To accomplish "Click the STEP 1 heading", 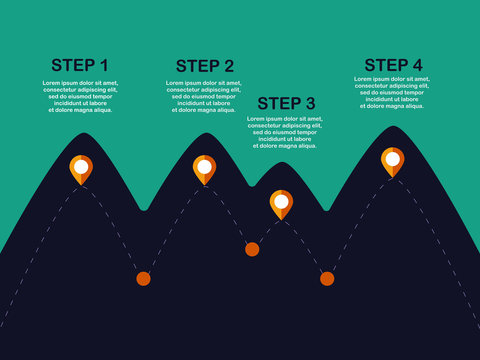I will [x=80, y=66].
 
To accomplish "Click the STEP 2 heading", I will [x=205, y=66].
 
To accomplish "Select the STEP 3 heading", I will [x=286, y=103].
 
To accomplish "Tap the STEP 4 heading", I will [x=393, y=65].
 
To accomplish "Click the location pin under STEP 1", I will [x=81, y=169].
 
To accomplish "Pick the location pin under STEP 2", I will [x=205, y=169].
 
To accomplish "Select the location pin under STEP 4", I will [x=393, y=161].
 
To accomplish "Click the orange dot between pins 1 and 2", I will [x=143, y=278].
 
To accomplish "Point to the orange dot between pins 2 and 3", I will [x=252, y=249].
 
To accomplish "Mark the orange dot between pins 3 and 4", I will [x=327, y=278].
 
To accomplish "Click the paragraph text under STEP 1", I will [x=80, y=96].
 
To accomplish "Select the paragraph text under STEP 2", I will [x=205, y=96].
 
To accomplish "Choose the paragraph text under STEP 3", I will [x=286, y=132].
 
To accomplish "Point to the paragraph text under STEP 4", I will [x=393, y=92].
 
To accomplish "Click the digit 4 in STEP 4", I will [x=416, y=65].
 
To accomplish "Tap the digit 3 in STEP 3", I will [x=309, y=103].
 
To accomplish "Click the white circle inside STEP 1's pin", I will [x=81, y=165].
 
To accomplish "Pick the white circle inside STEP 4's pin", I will [x=393, y=158].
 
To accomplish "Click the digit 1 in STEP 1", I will [x=103, y=66].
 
